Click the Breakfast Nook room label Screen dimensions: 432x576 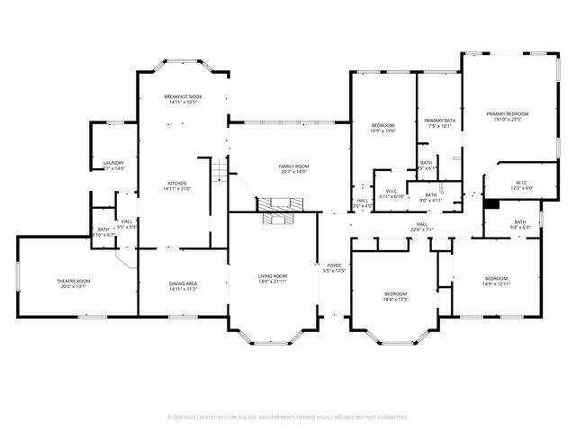182,96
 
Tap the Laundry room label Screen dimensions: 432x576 113,163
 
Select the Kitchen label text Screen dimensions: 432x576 175,184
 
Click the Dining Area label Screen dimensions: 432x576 183,284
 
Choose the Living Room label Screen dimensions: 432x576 273,276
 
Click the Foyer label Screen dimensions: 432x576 334,265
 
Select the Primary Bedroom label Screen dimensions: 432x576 508,113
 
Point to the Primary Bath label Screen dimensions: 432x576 440,121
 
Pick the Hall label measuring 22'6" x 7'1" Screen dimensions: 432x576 421,229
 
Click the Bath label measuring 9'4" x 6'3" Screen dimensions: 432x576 520,228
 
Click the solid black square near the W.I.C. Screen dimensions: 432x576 490,203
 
